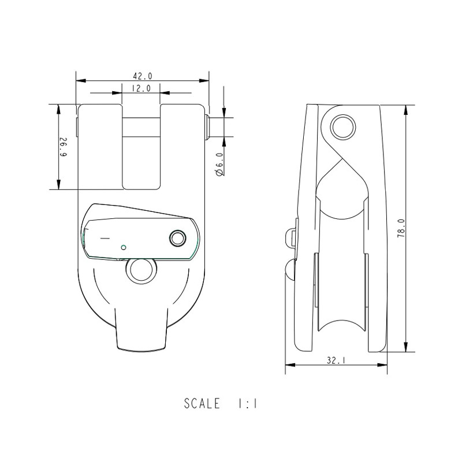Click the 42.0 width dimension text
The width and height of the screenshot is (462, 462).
(143, 76)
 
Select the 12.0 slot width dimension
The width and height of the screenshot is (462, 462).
(141, 88)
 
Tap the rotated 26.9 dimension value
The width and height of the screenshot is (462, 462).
(64, 147)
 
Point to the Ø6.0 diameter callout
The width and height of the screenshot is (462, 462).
(219, 164)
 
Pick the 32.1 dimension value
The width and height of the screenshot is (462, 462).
(336, 360)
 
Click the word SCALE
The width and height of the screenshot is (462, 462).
(202, 404)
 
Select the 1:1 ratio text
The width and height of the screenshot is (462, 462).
(247, 404)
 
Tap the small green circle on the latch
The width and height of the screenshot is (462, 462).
(123, 248)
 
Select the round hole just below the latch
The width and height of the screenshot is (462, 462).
(140, 270)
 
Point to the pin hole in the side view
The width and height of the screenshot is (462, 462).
(342, 126)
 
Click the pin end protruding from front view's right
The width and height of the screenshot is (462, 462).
(207, 127)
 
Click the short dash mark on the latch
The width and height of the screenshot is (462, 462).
(105, 238)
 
